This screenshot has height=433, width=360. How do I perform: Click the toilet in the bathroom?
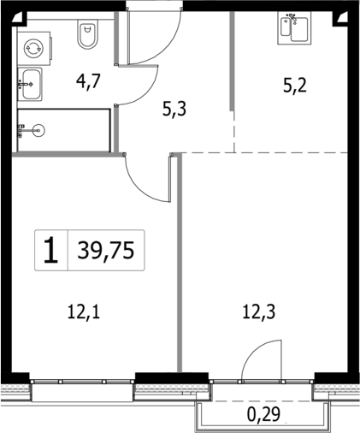click(x=88, y=35)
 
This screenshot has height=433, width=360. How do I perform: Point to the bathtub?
click(x=64, y=130)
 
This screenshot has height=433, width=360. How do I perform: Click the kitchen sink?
click(x=293, y=27)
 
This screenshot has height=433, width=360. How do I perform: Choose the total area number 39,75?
click(x=106, y=250)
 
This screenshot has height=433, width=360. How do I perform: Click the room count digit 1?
click(x=51, y=250)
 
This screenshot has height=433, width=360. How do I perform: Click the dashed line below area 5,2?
click(x=291, y=152)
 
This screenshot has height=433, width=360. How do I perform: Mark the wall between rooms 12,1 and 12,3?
click(x=179, y=265)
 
